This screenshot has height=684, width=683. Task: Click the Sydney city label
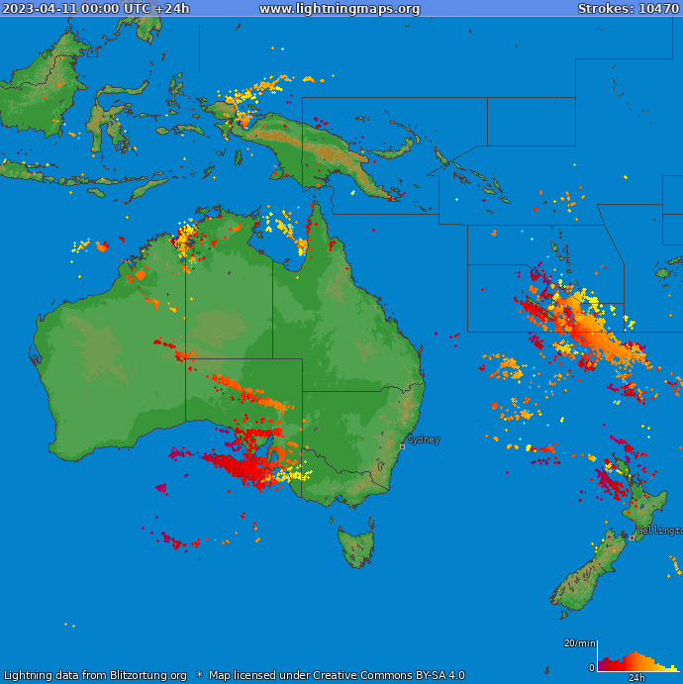pyautogui.click(x=424, y=440)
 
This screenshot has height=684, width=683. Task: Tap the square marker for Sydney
pyautogui.click(x=402, y=446)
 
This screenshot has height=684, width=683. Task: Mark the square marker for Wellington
pyautogui.click(x=632, y=537)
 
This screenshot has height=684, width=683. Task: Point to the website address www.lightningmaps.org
pyautogui.click(x=340, y=9)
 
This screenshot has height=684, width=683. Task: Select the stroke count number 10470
pyautogui.click(x=658, y=9)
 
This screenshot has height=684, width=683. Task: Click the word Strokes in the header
pyautogui.click(x=605, y=9)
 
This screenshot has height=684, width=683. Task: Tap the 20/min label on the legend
pyautogui.click(x=578, y=643)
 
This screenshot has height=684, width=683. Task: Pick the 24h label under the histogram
pyautogui.click(x=636, y=678)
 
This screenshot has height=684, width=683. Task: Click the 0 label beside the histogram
pyautogui.click(x=591, y=668)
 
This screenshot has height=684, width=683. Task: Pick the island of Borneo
pyautogui.click(x=45, y=84)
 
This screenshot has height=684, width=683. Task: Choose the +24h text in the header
pyautogui.click(x=171, y=9)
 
